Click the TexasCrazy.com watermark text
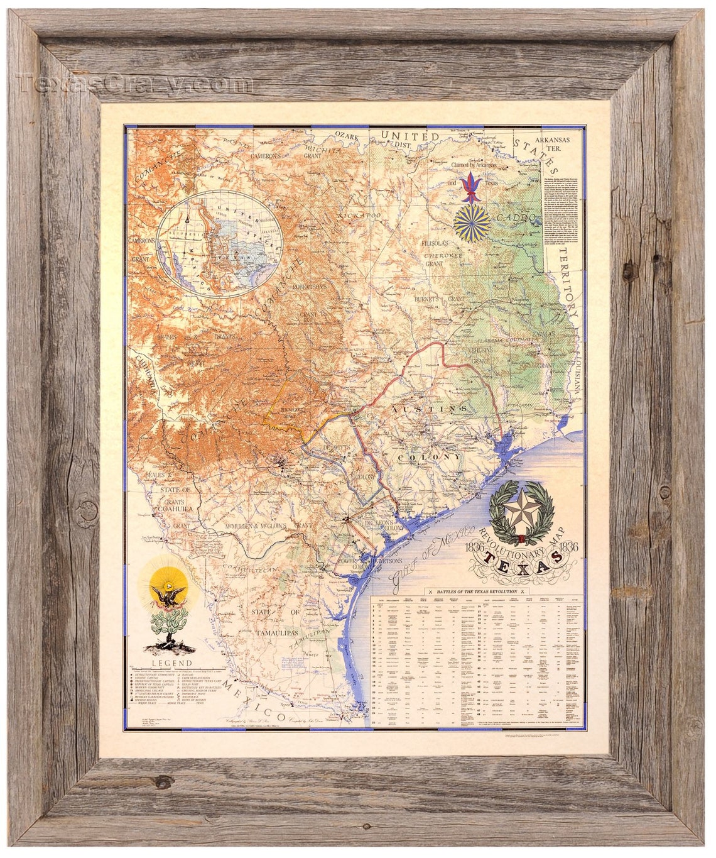tap(135, 83)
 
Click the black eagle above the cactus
tap(167, 594)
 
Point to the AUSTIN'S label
tap(431, 409)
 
